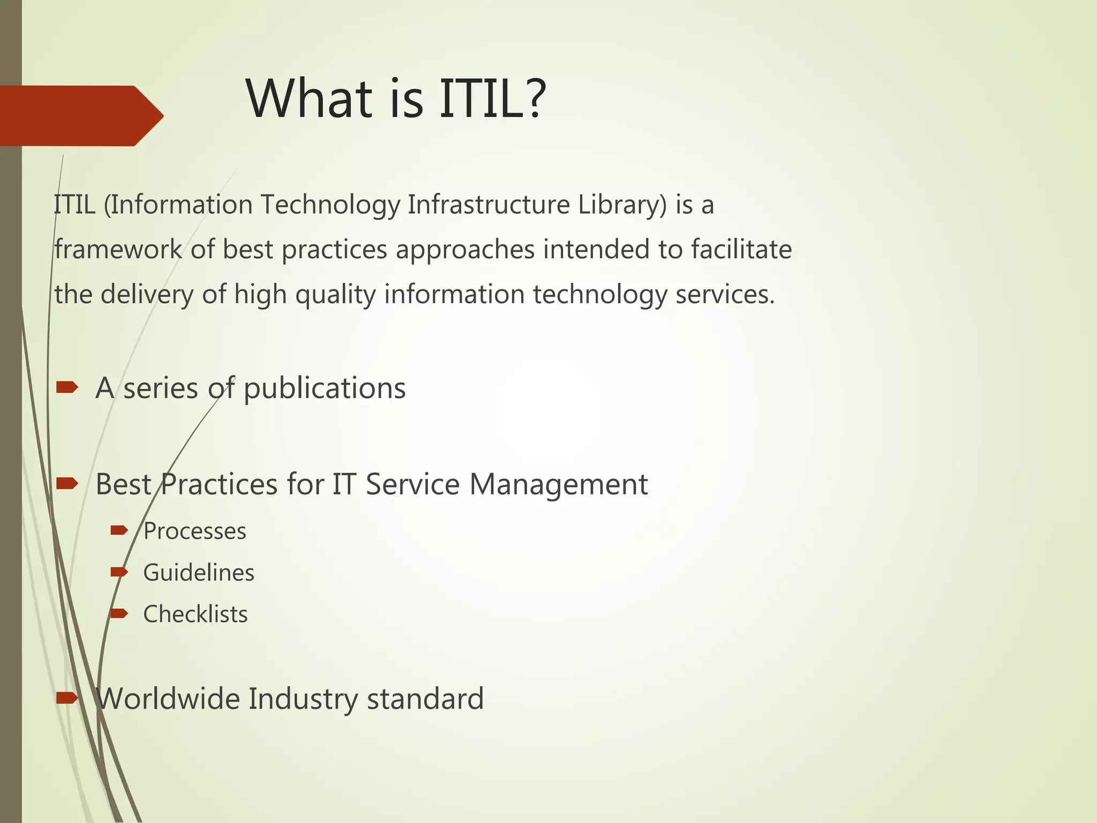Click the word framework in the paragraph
point(118,250)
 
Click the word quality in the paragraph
point(335,295)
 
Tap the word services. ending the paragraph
point(725,295)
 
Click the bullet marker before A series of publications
point(67,387)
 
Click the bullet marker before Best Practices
point(67,484)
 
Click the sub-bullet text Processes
point(195,532)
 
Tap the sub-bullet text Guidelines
point(199,573)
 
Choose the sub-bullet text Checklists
point(196,615)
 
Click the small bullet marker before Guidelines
point(119,572)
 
